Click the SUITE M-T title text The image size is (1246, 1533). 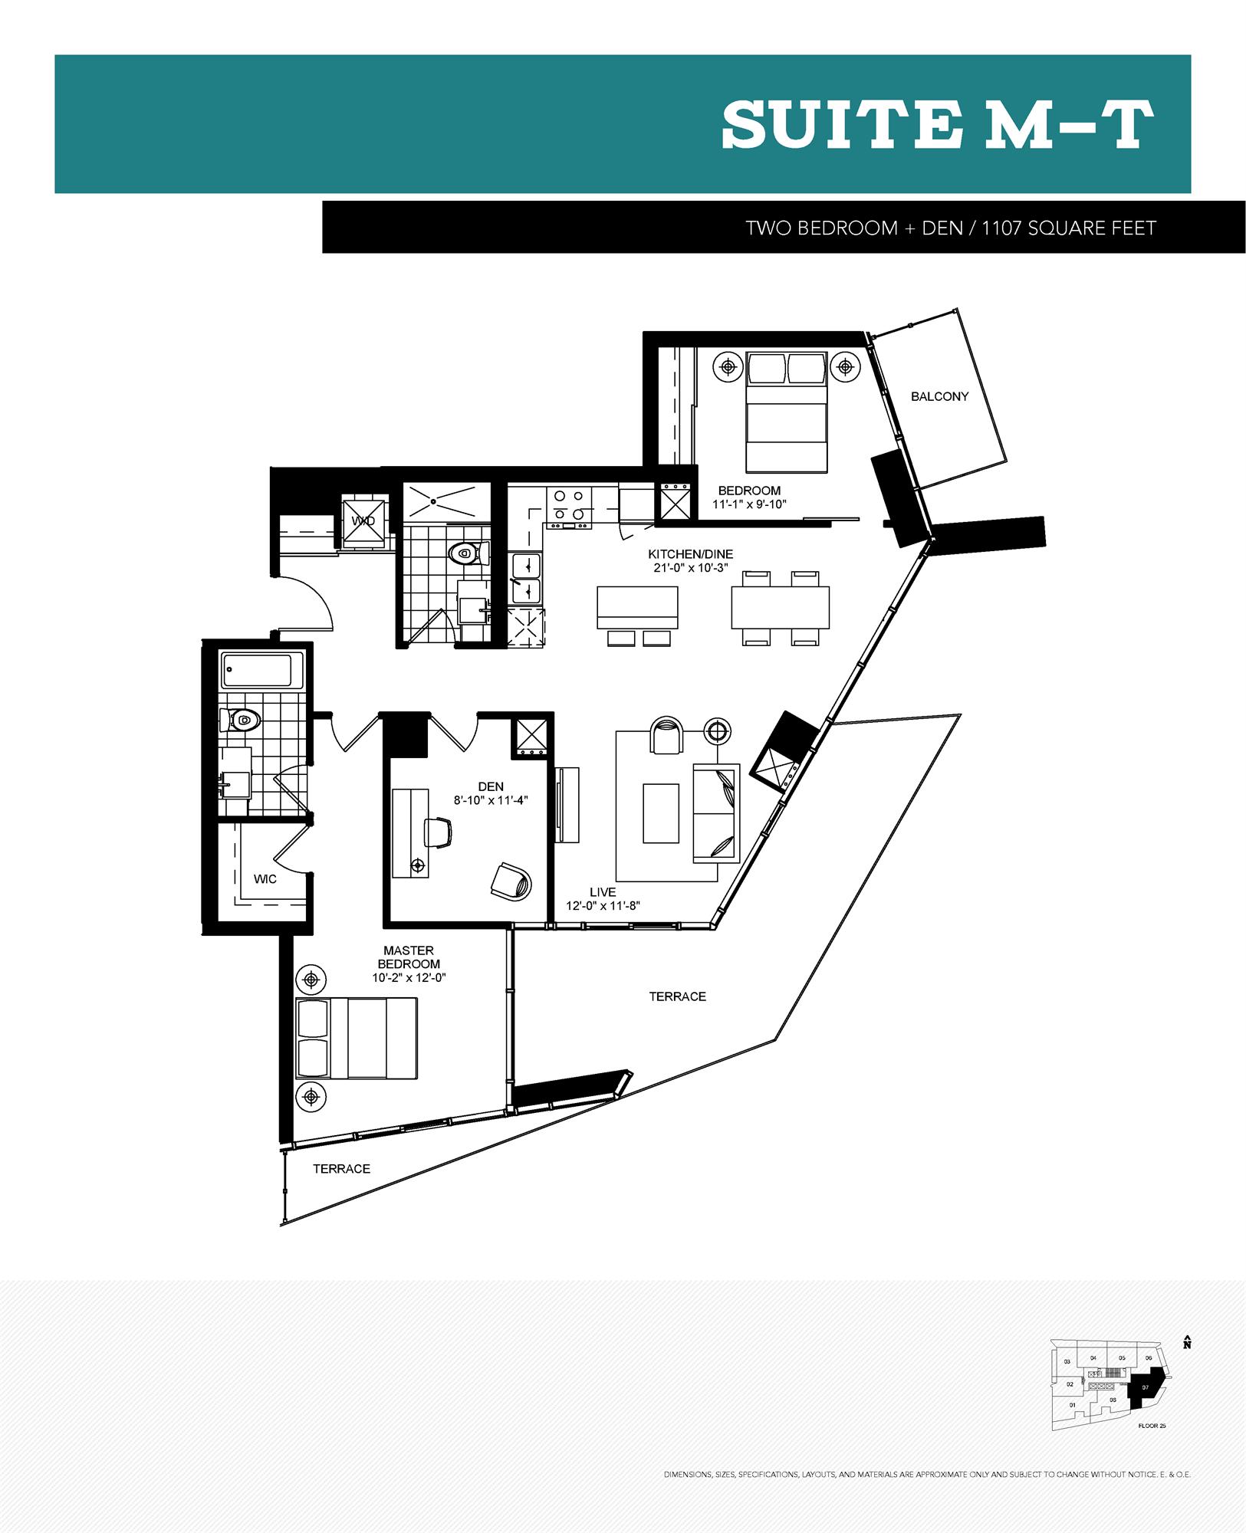coord(937,126)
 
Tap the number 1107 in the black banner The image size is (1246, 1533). coord(1002,228)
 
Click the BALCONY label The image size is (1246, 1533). coord(939,396)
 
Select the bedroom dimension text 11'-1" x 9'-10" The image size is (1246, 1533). coord(749,504)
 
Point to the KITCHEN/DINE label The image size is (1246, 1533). coord(690,553)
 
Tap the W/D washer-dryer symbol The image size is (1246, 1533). coord(363,521)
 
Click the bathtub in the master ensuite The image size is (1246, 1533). coord(257,671)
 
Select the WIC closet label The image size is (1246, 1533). coord(265,879)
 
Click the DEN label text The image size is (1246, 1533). coord(491,786)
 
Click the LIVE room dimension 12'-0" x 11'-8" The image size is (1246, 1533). coord(603,906)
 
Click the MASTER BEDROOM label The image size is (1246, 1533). coord(409,957)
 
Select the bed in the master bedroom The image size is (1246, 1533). coord(357,1038)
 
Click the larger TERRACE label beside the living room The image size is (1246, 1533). coord(677,996)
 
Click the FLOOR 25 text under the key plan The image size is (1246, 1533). coord(1152,1426)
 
